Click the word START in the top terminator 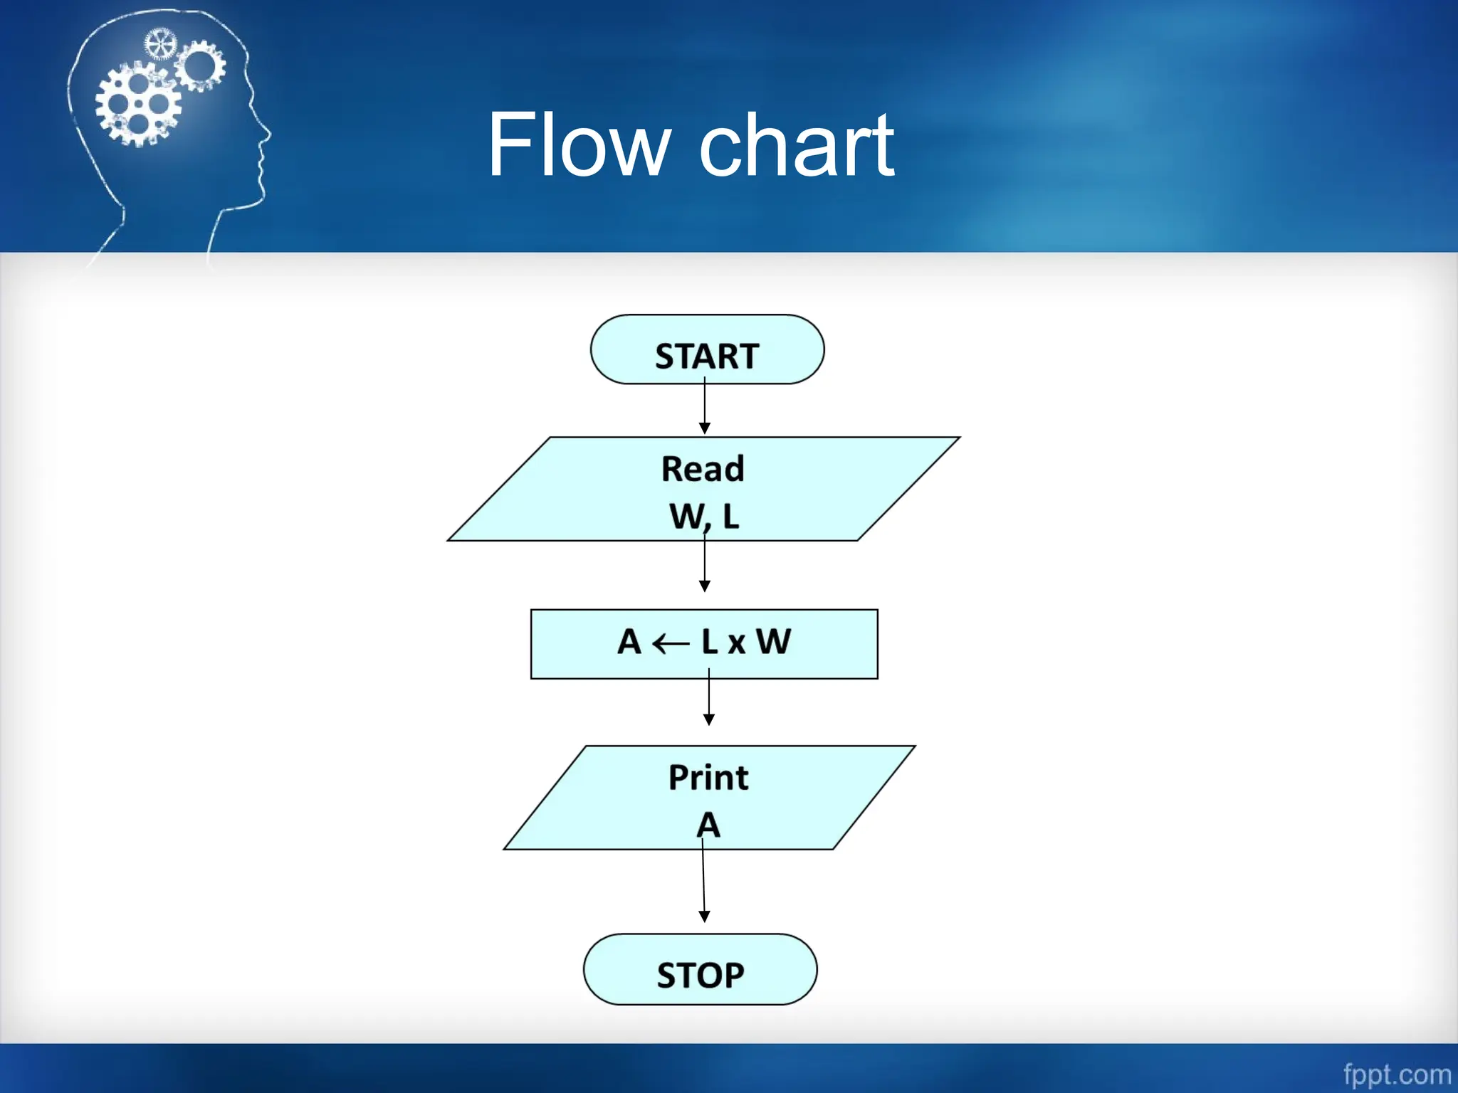(x=706, y=356)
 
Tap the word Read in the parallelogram (x=703, y=469)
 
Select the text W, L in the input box (x=704, y=516)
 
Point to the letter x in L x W (x=737, y=643)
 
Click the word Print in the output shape (x=708, y=777)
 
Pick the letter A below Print (x=708, y=825)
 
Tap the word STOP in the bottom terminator (x=701, y=974)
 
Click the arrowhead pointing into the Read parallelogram (x=705, y=428)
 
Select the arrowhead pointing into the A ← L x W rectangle (x=705, y=586)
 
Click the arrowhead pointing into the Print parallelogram (x=709, y=719)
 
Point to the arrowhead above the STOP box (x=704, y=917)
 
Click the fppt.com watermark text (x=1397, y=1074)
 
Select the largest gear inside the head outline (x=138, y=105)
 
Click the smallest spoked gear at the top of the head (x=160, y=44)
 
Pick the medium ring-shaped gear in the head (x=200, y=65)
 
